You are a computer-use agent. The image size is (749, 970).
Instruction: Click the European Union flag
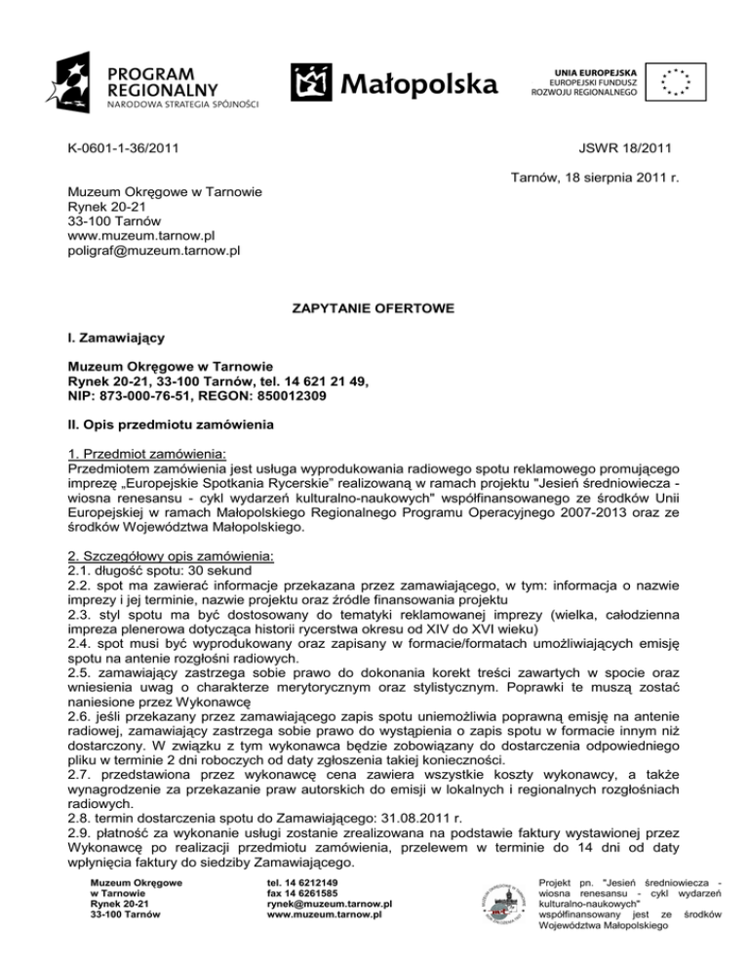(674, 84)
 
